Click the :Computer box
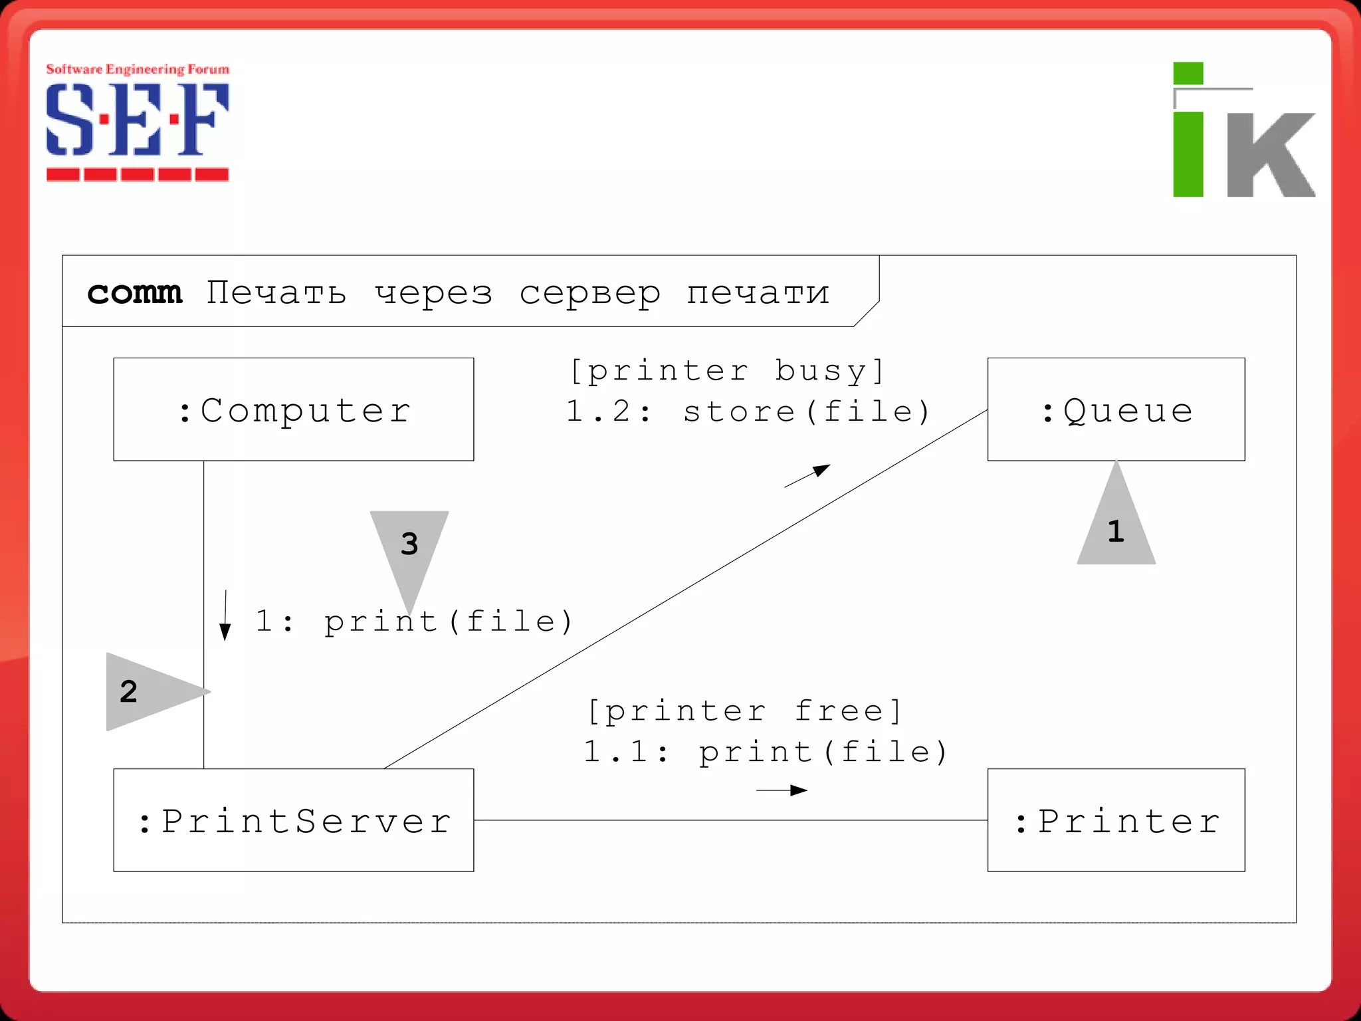click(293, 409)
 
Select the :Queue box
click(1116, 409)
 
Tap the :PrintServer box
click(293, 820)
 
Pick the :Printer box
click(1116, 820)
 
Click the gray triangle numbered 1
click(1116, 525)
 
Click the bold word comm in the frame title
click(134, 292)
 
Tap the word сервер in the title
click(589, 292)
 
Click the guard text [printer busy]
click(728, 370)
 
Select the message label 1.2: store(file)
click(748, 411)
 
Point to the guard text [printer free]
click(745, 711)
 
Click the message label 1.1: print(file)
click(765, 752)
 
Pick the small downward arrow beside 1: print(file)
click(225, 615)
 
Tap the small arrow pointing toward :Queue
click(807, 476)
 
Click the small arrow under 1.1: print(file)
click(782, 790)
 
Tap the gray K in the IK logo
click(1269, 154)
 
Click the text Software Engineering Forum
click(137, 69)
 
